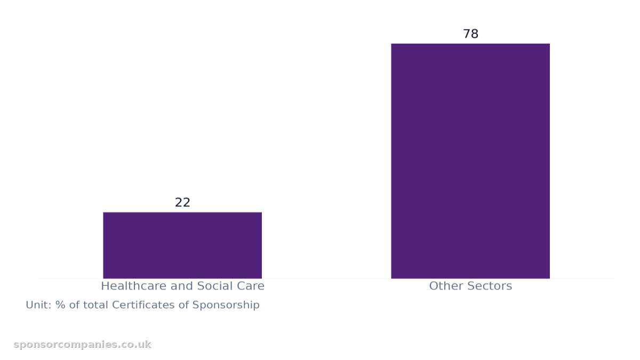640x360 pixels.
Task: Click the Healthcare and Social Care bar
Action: coord(182,245)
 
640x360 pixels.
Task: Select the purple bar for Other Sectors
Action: coord(470,161)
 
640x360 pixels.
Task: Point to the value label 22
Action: coord(182,203)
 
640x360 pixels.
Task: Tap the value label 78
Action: coord(470,34)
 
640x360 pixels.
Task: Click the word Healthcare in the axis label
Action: coord(134,286)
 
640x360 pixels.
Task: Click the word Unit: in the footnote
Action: coord(38,305)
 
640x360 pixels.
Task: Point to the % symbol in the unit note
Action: coord(60,305)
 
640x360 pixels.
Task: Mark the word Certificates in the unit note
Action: coord(143,305)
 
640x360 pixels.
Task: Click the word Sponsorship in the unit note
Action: coord(226,305)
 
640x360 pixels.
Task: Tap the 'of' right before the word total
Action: coord(74,305)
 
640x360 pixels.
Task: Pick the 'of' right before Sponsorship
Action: coord(183,305)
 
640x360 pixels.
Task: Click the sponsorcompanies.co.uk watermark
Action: coord(82,345)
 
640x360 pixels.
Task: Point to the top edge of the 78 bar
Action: coord(470,44)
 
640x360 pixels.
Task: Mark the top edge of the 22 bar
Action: coord(182,212)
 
